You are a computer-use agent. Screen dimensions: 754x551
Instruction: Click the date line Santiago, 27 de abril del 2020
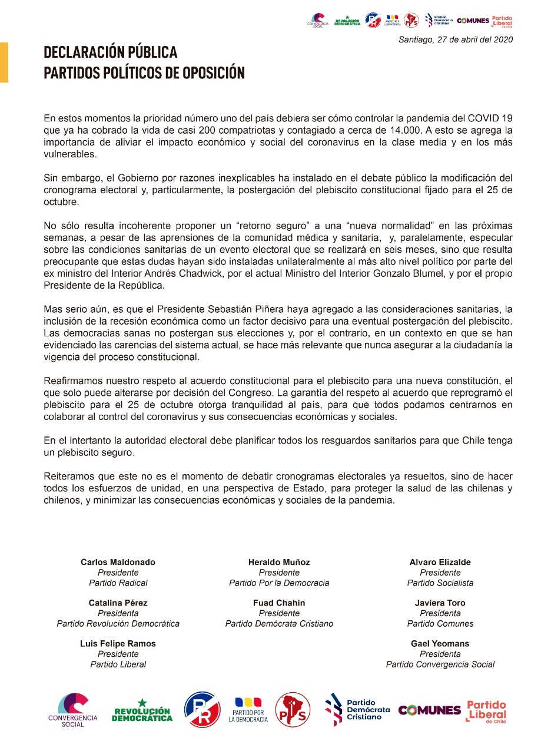point(455,39)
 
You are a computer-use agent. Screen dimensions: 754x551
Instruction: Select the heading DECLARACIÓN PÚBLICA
point(111,52)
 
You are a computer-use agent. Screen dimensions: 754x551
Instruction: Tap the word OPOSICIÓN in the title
point(209,73)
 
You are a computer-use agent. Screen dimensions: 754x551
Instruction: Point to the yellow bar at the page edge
point(4,62)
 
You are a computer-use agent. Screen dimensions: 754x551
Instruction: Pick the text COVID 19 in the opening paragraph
point(488,117)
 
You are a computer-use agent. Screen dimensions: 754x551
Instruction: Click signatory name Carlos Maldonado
point(118,562)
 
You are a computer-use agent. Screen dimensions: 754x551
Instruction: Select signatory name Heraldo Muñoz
point(279,562)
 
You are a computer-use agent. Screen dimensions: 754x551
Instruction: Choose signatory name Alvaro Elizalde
point(440,562)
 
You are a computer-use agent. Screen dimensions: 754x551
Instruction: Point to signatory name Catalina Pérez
point(118,603)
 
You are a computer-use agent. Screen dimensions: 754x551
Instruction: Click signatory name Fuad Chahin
point(279,603)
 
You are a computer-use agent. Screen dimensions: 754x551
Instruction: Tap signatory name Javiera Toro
point(440,603)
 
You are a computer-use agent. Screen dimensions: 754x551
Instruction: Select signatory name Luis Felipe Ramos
point(118,643)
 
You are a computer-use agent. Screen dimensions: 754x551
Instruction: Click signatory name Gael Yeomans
point(440,643)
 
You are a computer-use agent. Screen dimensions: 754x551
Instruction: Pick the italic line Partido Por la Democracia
point(279,583)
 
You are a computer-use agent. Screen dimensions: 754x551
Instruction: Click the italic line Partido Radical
point(118,583)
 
